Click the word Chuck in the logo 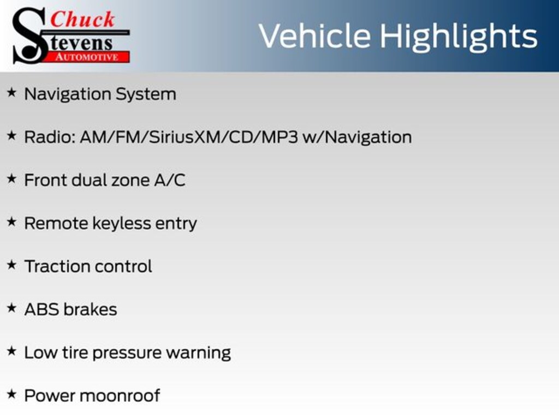pyautogui.click(x=83, y=20)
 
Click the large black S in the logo pyautogui.click(x=27, y=36)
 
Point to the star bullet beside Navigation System pyautogui.click(x=11, y=93)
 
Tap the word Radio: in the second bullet pyautogui.click(x=50, y=137)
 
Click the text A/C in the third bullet pyautogui.click(x=170, y=180)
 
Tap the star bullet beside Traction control pyautogui.click(x=11, y=265)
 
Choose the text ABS pyautogui.click(x=41, y=309)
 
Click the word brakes pyautogui.click(x=90, y=309)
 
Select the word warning pyautogui.click(x=198, y=353)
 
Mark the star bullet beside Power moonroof pyautogui.click(x=11, y=394)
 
